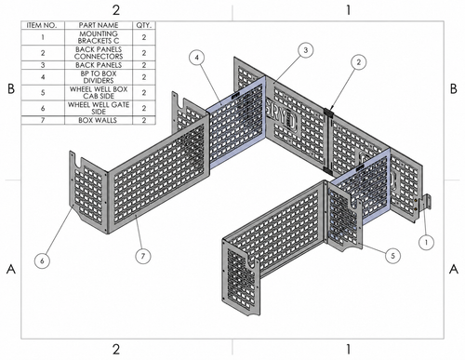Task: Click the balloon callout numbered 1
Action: [x=426, y=242]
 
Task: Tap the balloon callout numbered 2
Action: [x=359, y=62]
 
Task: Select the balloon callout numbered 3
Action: [x=306, y=50]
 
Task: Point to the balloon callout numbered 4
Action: [x=197, y=58]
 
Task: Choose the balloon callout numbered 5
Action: [x=392, y=256]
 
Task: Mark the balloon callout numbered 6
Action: [x=42, y=260]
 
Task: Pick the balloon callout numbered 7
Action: [x=143, y=256]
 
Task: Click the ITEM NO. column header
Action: [x=43, y=25]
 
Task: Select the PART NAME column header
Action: [x=99, y=25]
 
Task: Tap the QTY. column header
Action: [x=144, y=25]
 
